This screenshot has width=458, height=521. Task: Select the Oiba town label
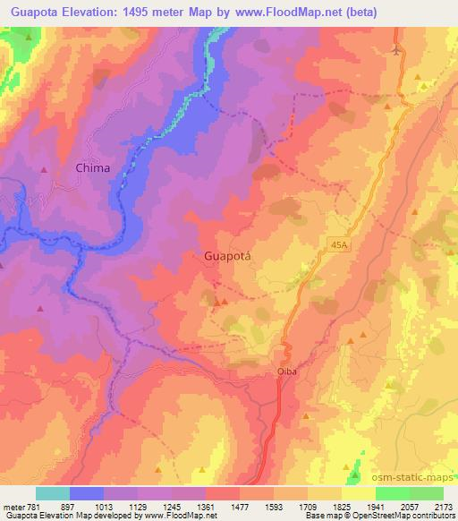click(x=284, y=364)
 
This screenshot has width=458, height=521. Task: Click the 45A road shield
click(x=336, y=243)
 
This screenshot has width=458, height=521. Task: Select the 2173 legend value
click(x=443, y=505)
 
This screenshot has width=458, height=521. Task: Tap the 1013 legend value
click(x=104, y=505)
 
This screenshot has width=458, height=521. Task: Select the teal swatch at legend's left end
click(x=52, y=493)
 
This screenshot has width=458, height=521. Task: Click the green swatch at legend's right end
click(x=426, y=493)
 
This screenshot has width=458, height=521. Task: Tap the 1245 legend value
click(x=171, y=505)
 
